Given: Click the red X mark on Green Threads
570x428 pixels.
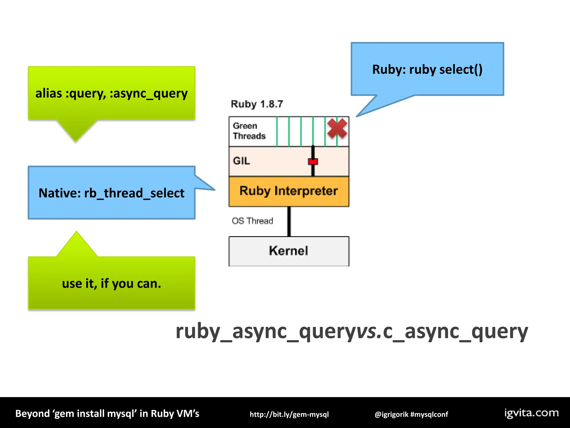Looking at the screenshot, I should (x=337, y=128).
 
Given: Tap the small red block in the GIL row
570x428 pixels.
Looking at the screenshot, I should (x=313, y=161).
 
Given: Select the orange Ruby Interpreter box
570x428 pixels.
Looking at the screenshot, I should (x=289, y=191).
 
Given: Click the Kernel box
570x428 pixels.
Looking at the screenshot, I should (x=289, y=251).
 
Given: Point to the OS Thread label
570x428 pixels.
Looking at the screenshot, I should (x=252, y=221).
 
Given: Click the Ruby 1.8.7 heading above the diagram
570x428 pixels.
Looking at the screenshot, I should (x=257, y=104).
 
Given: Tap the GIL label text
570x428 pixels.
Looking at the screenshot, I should (x=241, y=161).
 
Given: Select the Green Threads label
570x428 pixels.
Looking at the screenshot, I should (x=249, y=131).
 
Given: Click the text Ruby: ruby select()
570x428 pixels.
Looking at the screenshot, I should (x=427, y=69).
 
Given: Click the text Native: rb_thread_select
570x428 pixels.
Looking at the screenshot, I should (x=111, y=193).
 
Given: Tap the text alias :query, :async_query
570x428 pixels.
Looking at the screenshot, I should (x=111, y=93).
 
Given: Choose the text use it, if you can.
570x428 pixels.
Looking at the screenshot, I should (x=111, y=284).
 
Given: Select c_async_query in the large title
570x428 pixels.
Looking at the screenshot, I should (x=455, y=332).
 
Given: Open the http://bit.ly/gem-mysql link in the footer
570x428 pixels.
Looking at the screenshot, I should (x=289, y=414).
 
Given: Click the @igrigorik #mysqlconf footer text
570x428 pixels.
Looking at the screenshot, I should (x=411, y=414).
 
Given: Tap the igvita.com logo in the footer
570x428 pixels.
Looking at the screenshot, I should (x=531, y=413).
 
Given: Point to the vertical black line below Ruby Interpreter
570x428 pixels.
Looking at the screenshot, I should (x=289, y=222).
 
